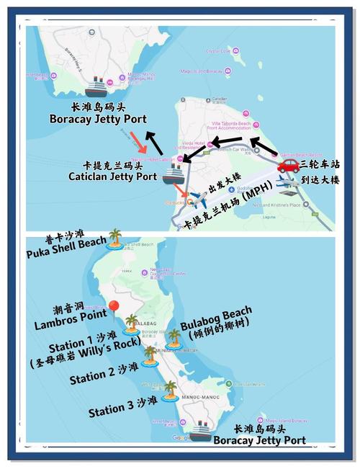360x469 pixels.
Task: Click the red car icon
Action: (x=287, y=165)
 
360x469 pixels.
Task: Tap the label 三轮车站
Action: (x=322, y=165)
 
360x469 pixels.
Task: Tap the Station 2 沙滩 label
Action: (x=104, y=376)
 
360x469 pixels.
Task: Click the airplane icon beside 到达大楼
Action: (x=287, y=182)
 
